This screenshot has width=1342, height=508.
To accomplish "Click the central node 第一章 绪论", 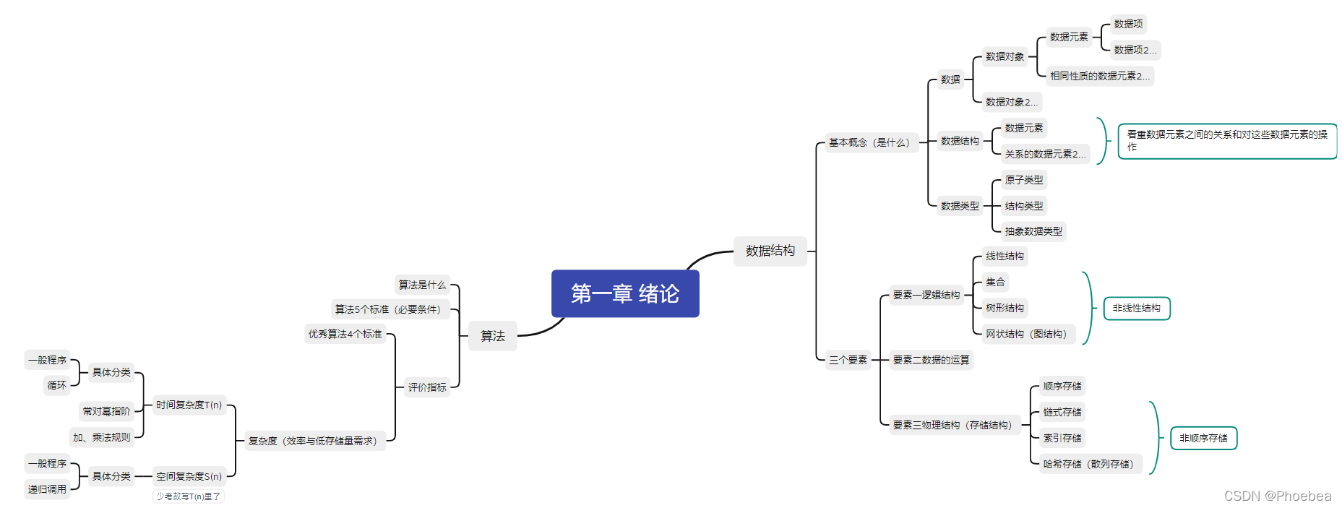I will (x=625, y=293).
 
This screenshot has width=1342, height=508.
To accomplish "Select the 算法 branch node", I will (x=493, y=336).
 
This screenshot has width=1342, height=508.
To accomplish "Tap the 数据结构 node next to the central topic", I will (x=770, y=251).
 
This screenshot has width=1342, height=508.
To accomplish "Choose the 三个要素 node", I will (x=848, y=360).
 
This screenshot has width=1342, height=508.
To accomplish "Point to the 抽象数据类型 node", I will (x=1033, y=231).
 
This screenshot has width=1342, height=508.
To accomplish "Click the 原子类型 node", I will (x=1023, y=180).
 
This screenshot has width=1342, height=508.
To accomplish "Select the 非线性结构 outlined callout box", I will (x=1136, y=309).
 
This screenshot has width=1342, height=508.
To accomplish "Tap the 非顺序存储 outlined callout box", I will (x=1203, y=438).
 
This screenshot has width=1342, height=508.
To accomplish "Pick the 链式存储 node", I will (x=1062, y=412).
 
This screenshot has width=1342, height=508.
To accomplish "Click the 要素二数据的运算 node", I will (x=931, y=360).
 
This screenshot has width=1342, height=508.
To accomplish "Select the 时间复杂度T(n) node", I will (x=189, y=405).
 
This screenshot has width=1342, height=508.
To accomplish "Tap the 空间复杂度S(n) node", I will (x=189, y=476).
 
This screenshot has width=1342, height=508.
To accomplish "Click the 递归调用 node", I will (x=48, y=489).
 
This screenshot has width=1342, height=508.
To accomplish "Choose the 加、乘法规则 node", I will (x=102, y=437).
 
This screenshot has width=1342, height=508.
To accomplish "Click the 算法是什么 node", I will (x=422, y=285).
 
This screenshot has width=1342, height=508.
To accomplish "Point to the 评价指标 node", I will (x=427, y=387).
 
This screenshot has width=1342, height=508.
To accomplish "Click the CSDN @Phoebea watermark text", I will (x=1277, y=496).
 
